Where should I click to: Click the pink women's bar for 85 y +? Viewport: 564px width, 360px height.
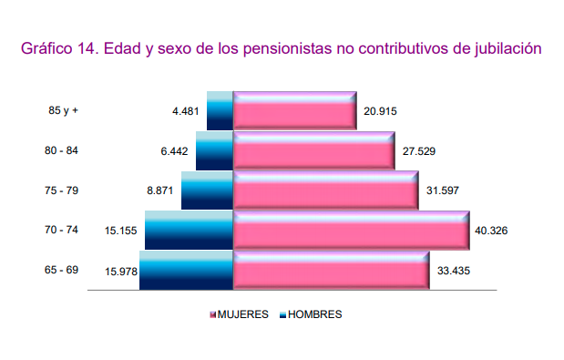[294, 111]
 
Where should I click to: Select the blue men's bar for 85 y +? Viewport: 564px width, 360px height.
[220, 111]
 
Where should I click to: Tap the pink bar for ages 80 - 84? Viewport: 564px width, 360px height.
[313, 150]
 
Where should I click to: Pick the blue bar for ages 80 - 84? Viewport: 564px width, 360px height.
[215, 150]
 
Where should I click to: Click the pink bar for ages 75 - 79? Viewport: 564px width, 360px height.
[325, 190]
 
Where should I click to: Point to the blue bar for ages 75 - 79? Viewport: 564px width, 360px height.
[208, 190]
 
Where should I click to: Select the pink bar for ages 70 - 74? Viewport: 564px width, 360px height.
[352, 231]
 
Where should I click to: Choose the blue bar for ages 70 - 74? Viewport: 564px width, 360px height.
[190, 231]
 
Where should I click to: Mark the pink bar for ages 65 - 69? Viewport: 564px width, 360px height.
[331, 271]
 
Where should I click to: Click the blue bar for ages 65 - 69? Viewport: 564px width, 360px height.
[187, 271]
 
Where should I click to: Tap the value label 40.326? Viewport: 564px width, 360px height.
[491, 231]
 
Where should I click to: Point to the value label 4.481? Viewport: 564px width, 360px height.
[187, 111]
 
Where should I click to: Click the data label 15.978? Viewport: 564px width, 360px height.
[121, 271]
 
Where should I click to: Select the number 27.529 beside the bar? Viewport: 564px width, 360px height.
[417, 150]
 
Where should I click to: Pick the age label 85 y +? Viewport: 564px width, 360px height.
[64, 111]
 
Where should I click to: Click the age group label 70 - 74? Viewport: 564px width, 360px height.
[61, 231]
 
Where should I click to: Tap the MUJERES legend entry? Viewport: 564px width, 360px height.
[243, 314]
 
